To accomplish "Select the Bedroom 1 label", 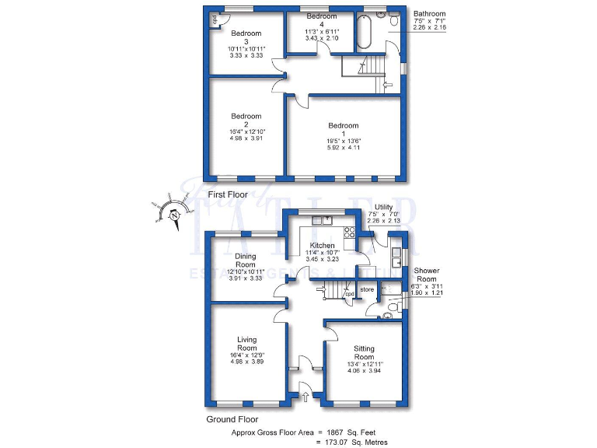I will coord(343,126).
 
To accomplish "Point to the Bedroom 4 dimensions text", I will coord(321,31).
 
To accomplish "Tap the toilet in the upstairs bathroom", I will coord(393,22).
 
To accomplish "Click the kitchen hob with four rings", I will coord(348,230).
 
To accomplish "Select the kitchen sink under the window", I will coord(321,221).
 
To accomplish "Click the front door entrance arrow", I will coord(304,397).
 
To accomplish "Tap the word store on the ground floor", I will coord(367,290).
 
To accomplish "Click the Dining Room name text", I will coord(246,260).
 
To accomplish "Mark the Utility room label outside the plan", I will coord(383,207).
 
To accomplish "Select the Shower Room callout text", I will coord(426,275).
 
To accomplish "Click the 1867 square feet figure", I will coord(348,431).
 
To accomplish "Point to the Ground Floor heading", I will coord(232,419).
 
